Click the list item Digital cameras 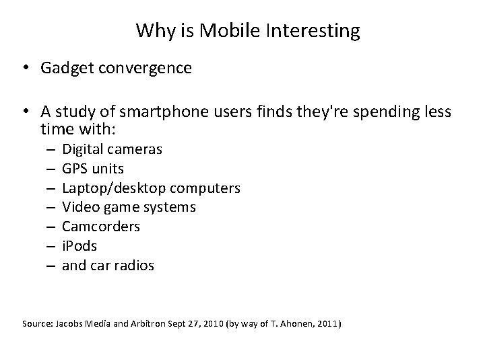112,149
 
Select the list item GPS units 93,169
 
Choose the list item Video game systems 129,207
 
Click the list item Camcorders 101,227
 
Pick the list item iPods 79,246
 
